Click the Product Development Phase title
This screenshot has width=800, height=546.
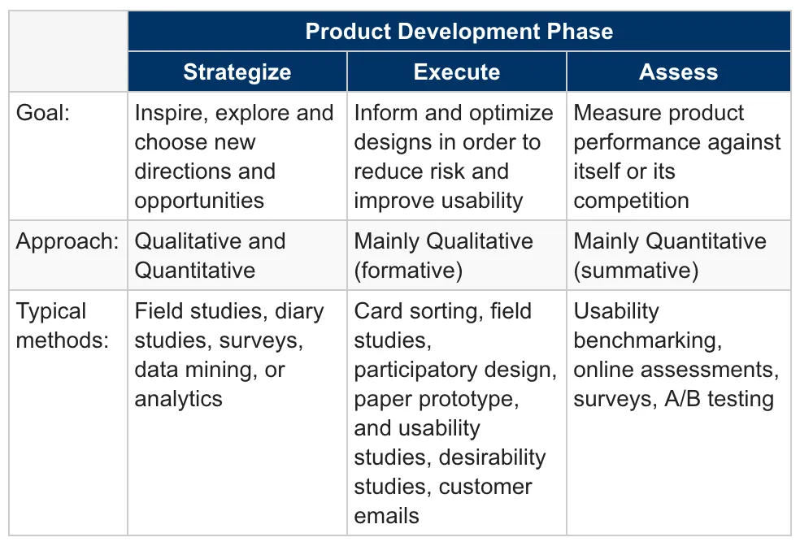[459, 31]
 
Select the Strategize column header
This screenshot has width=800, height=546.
[237, 71]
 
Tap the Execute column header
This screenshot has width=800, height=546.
[457, 71]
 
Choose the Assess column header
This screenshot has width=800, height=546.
[679, 71]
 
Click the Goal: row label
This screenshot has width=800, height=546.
[43, 113]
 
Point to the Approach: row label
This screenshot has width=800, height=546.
[67, 241]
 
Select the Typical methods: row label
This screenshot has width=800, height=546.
[63, 325]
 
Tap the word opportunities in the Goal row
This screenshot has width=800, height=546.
[199, 201]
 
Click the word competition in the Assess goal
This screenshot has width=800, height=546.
[631, 201]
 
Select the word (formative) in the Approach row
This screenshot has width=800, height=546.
[408, 271]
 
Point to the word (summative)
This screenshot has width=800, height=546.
[636, 271]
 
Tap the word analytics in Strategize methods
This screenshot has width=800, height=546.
[179, 399]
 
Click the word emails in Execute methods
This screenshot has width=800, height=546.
[387, 516]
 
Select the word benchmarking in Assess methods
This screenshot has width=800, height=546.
[648, 340]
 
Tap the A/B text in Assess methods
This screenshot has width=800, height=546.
[683, 399]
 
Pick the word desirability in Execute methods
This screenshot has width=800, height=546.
[492, 457]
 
